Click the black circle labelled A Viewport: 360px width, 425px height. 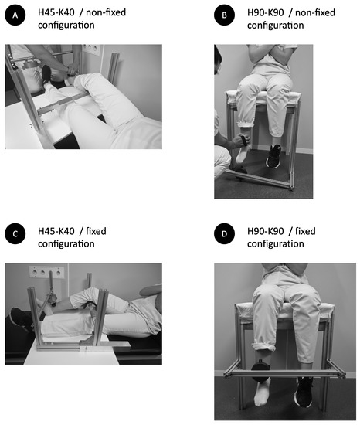click(x=15, y=15)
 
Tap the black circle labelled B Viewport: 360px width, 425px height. click(x=224, y=15)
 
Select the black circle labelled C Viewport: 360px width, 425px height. click(x=15, y=233)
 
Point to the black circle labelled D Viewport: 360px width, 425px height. click(x=224, y=233)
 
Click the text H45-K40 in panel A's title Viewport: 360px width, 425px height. click(x=56, y=12)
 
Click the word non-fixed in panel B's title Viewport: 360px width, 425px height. click(x=315, y=12)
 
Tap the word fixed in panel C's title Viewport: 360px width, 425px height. click(x=96, y=231)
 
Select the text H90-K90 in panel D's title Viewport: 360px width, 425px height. click(x=266, y=231)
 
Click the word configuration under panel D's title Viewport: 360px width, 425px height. click(x=276, y=243)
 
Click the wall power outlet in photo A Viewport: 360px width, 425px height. click(x=91, y=49)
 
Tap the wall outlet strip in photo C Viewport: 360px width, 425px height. click(x=46, y=272)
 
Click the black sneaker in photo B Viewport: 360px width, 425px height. click(x=273, y=156)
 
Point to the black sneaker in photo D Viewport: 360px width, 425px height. click(x=304, y=392)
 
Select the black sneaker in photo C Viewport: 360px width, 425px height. click(x=21, y=319)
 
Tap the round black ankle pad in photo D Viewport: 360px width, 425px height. click(x=260, y=370)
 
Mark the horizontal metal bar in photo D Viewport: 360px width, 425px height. click(x=285, y=373)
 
